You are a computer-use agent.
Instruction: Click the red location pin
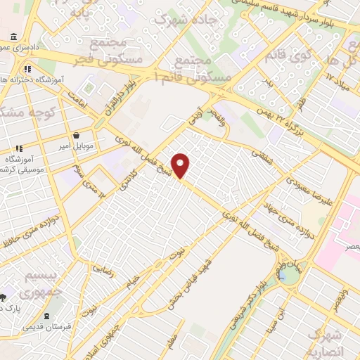click(181, 166)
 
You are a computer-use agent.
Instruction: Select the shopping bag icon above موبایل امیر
click(76, 136)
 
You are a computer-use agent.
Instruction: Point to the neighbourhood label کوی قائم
click(288, 51)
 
